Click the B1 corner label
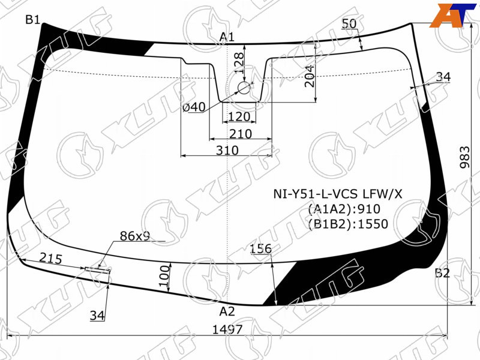coord(32,20)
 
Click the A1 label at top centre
coord(227,37)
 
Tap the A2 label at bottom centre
coord(227,311)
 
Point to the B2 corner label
coord(442,272)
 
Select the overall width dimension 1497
coord(227,329)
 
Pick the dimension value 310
coord(227,151)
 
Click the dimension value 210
coord(241,134)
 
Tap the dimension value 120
coord(239,116)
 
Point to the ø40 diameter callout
coord(194,107)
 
